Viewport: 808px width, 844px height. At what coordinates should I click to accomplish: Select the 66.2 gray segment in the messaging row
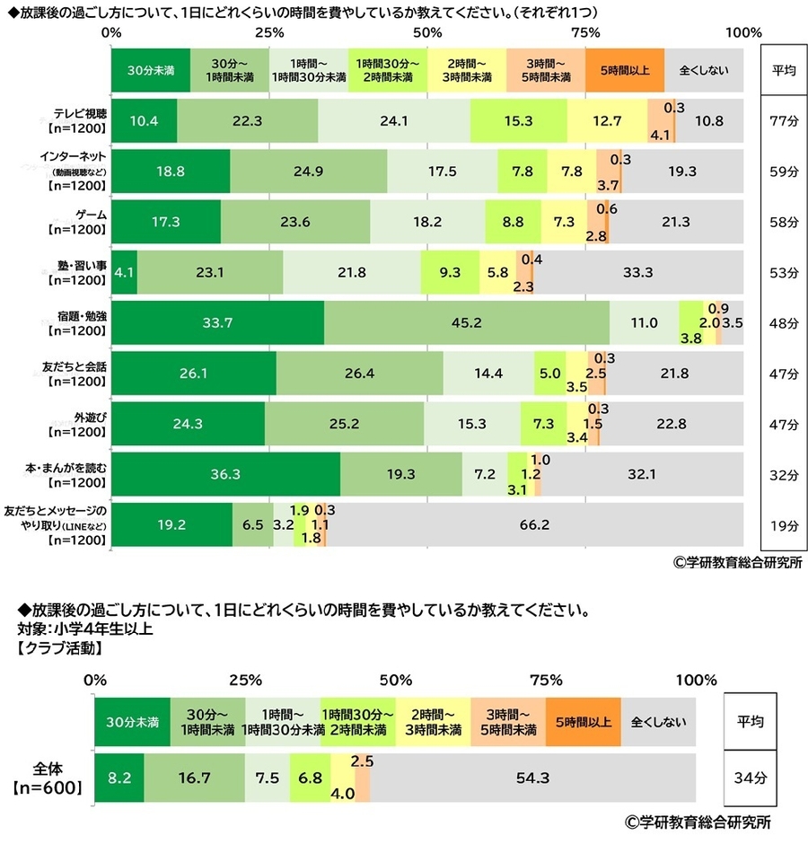(x=534, y=525)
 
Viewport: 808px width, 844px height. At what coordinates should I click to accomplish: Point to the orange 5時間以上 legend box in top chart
(x=625, y=69)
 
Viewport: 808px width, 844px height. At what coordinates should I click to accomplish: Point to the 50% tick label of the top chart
(x=427, y=32)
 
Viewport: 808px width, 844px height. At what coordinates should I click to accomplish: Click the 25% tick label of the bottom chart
(x=244, y=679)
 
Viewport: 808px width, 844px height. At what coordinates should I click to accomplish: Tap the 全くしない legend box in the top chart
(x=704, y=69)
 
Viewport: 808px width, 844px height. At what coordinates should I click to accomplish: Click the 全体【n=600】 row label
(x=48, y=778)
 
